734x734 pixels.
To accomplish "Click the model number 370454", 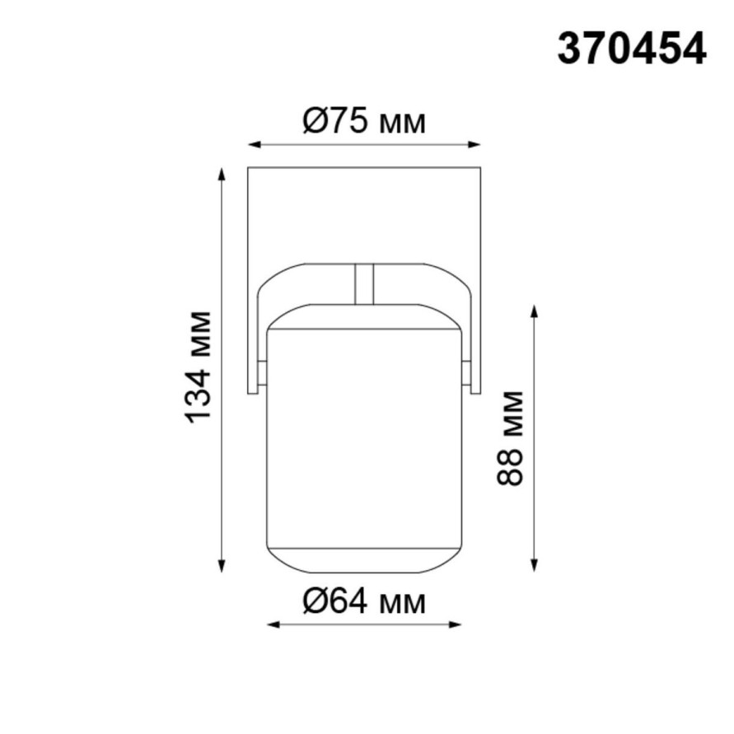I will tap(632, 49).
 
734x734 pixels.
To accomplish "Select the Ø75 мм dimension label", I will tap(364, 123).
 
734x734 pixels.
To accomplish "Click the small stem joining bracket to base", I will tap(363, 283).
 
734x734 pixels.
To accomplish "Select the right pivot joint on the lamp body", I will tap(467, 373).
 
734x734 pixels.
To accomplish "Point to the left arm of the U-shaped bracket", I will tap(257, 330).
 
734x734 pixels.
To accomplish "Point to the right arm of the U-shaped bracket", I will tap(471, 330).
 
